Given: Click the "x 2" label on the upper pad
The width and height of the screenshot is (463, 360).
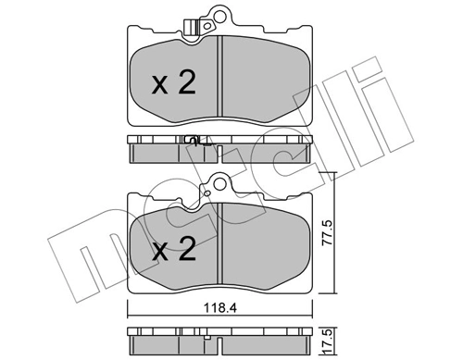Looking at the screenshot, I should [173, 84].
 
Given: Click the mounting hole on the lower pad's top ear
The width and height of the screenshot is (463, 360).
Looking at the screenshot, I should [219, 183].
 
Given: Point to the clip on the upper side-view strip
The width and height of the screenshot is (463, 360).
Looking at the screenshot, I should [192, 142].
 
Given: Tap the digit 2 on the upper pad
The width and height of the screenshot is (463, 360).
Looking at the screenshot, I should [186, 84].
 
